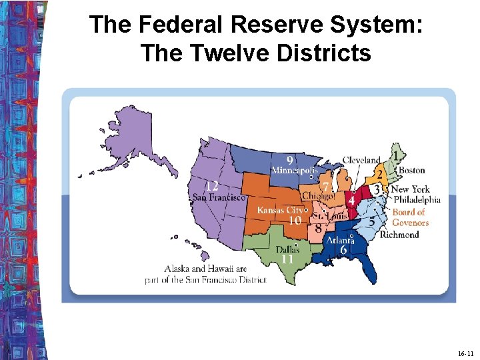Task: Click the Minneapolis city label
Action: point(290,170)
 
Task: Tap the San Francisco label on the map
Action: point(219,197)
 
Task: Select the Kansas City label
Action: point(280,210)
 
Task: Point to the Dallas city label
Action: point(283,249)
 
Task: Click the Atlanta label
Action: point(339,240)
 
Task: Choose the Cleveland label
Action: point(361,160)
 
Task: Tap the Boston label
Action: point(411,171)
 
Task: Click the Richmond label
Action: point(399,235)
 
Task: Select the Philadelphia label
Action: point(417,199)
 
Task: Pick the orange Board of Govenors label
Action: point(410,217)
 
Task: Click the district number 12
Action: point(212,185)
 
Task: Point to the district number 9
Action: point(290,160)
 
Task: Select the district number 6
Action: point(343,249)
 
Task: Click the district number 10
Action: point(294,221)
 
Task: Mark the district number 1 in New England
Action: point(398,155)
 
